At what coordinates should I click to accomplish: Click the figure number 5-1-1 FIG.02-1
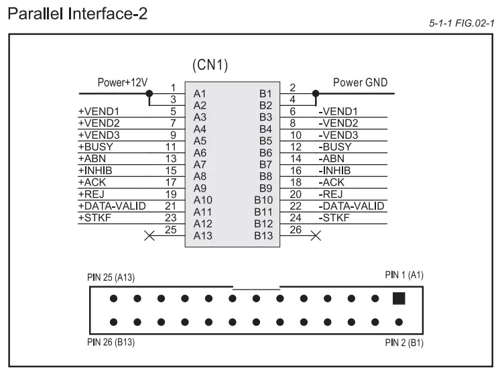click(x=461, y=24)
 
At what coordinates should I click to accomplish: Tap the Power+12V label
click(x=123, y=83)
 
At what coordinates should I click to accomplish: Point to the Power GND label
click(x=360, y=83)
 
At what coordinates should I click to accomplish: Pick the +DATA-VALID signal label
click(x=111, y=206)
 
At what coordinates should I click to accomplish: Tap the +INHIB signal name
click(x=97, y=170)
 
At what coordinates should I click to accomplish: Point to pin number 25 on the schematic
click(x=172, y=229)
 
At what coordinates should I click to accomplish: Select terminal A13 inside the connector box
click(x=202, y=236)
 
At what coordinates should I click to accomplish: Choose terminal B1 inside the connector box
click(x=265, y=94)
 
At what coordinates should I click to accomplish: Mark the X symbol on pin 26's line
click(x=315, y=235)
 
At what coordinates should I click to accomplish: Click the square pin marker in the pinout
click(x=399, y=298)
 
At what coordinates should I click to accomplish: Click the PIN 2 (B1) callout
click(x=404, y=342)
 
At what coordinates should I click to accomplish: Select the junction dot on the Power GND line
click(x=314, y=93)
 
